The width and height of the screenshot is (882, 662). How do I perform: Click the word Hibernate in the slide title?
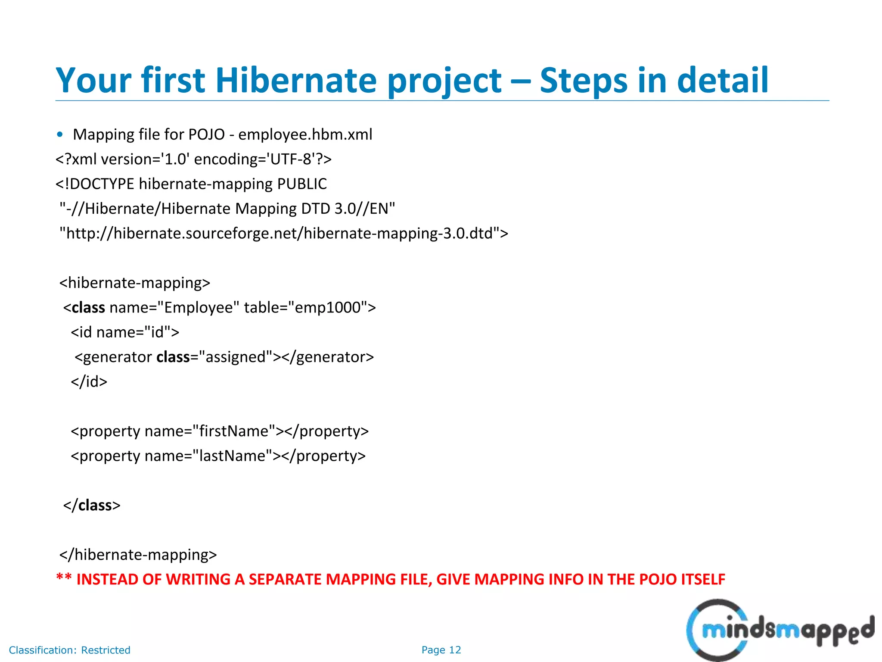click(x=296, y=81)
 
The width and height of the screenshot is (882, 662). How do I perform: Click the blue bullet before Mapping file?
click(x=60, y=134)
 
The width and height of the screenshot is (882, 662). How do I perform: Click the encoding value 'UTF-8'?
click(x=289, y=159)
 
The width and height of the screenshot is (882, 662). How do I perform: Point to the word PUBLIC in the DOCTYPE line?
click(x=302, y=184)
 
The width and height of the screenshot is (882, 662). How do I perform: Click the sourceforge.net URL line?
click(x=283, y=234)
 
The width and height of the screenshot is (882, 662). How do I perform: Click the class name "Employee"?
click(x=198, y=308)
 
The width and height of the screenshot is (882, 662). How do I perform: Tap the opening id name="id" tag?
click(x=125, y=332)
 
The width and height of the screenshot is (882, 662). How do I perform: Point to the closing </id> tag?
click(x=89, y=382)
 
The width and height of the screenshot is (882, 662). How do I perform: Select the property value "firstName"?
click(x=234, y=431)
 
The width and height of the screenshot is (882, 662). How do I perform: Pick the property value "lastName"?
click(x=232, y=456)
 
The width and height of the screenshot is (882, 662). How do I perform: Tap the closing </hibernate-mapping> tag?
click(x=138, y=555)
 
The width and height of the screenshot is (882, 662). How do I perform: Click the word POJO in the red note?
click(x=658, y=580)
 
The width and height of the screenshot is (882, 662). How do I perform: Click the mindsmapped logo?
click(x=780, y=631)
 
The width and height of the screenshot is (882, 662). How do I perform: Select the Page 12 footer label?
click(x=441, y=650)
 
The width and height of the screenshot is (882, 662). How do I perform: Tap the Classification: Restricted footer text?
click(x=69, y=650)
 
